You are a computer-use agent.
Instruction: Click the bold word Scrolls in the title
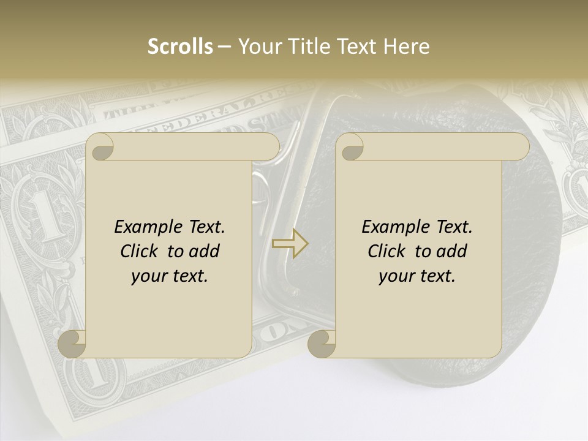180,47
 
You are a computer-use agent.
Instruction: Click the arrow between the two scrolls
290,243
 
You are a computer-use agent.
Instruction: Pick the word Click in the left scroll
138,251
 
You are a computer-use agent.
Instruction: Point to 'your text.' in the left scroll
170,276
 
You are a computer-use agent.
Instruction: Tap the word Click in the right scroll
386,251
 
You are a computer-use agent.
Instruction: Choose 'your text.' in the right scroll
417,276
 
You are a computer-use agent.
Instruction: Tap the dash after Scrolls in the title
225,47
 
